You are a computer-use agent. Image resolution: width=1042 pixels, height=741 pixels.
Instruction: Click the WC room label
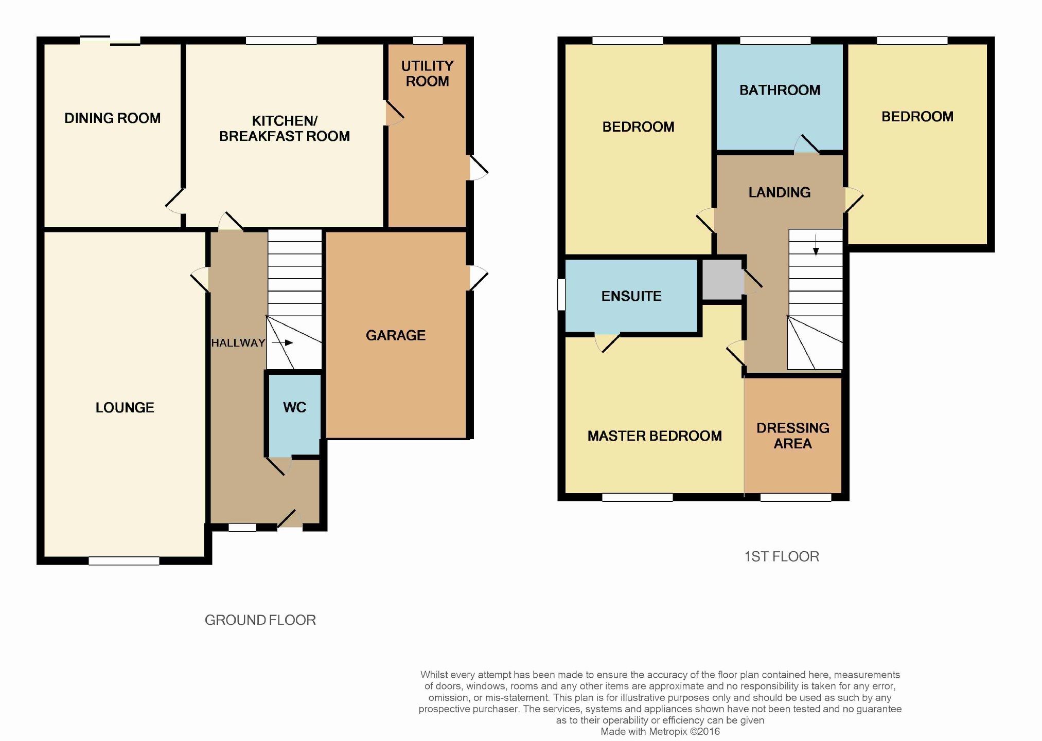[x=295, y=407]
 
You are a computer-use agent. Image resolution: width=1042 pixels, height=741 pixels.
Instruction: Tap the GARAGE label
[x=396, y=335]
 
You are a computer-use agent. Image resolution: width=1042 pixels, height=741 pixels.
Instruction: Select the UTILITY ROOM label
[x=427, y=74]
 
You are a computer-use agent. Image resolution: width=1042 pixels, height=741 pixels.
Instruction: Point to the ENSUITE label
[x=631, y=296]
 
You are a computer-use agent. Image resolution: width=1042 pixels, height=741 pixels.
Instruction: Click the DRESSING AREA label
[x=793, y=436]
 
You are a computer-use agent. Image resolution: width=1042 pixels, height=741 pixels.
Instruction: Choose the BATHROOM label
[x=780, y=90]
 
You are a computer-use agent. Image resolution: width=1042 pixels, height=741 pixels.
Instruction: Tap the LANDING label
[x=780, y=192]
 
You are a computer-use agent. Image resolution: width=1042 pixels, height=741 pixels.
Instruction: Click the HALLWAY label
[x=238, y=343]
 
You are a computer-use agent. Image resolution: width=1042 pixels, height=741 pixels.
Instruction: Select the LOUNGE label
[x=125, y=408]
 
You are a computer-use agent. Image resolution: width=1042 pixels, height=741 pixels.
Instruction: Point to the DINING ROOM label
[x=113, y=118]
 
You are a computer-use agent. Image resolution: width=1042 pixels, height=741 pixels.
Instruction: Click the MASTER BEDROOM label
[x=655, y=436]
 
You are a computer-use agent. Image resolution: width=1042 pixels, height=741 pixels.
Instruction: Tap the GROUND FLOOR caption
[x=260, y=620]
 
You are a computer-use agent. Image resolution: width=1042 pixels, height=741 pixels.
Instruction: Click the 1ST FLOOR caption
[x=782, y=556]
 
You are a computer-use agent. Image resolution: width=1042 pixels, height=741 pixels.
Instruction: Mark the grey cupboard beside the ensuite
[x=723, y=280]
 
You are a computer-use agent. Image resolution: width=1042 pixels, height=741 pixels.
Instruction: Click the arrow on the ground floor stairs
[x=282, y=342]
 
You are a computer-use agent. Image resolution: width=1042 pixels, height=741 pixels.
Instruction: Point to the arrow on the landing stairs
[x=816, y=245]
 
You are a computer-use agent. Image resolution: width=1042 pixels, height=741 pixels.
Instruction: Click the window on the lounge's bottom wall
[x=124, y=561]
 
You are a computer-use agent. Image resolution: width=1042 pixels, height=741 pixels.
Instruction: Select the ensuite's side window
[x=562, y=295]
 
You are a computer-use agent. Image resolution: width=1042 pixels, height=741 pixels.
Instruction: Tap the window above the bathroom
[x=775, y=41]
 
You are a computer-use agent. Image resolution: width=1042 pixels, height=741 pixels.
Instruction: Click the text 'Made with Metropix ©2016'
[x=660, y=731]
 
